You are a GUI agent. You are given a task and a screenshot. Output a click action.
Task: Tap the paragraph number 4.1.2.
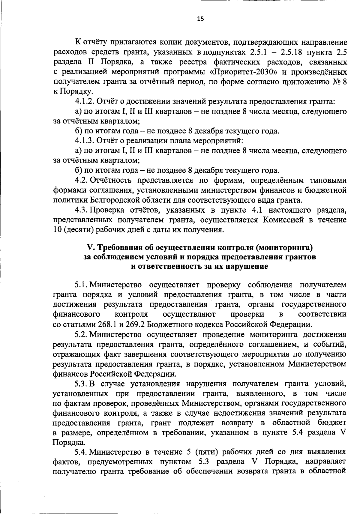85,101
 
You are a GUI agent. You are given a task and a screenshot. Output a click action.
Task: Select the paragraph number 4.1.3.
85,140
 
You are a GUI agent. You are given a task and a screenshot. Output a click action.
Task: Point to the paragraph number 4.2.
81,180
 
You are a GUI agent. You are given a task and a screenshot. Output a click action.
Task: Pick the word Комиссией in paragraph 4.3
283,220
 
